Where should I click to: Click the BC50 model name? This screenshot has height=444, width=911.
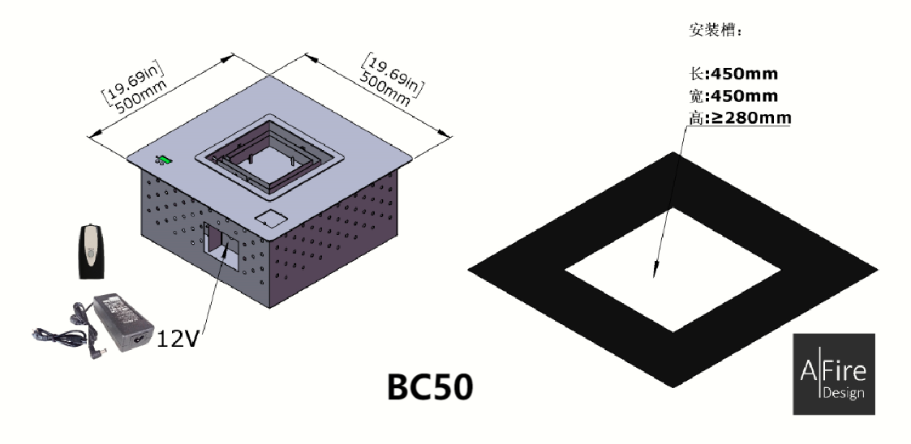[430, 387]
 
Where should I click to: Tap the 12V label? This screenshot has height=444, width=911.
[178, 339]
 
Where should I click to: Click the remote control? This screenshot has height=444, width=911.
[91, 252]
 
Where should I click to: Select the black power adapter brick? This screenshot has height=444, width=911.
[123, 321]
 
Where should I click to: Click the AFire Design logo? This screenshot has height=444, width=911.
[834, 374]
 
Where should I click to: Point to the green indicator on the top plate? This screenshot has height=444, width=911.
[165, 160]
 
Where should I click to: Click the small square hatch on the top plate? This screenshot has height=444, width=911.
[271, 218]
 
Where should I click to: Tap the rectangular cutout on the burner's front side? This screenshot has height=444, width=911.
[220, 247]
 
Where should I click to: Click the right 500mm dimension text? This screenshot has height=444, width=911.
[384, 88]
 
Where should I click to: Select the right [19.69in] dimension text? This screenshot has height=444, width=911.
[393, 75]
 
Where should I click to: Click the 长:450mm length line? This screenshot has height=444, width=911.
[733, 74]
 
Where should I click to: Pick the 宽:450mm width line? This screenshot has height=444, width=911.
[733, 95]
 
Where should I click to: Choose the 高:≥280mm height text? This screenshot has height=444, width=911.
[740, 117]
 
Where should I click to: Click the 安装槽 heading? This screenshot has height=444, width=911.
[715, 30]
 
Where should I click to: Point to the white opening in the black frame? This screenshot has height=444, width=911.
[673, 270]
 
